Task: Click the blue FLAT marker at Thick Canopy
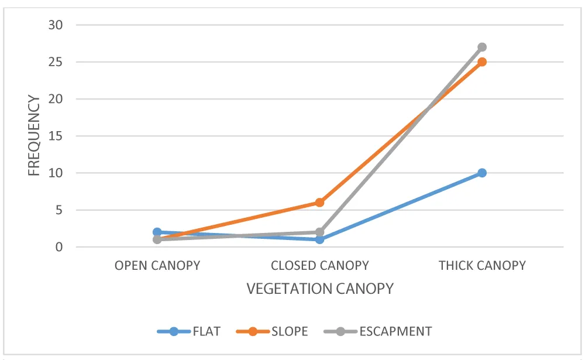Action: click(x=481, y=173)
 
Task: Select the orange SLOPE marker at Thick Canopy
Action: click(x=481, y=62)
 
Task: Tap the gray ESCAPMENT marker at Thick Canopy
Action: click(x=481, y=47)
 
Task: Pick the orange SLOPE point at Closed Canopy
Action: click(x=319, y=203)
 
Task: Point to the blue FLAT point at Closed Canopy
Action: click(x=319, y=239)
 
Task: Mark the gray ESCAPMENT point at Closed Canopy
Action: click(x=319, y=232)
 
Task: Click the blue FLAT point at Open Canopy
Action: click(x=157, y=232)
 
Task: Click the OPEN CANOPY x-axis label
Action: click(x=157, y=266)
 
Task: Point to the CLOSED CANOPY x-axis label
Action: click(x=319, y=266)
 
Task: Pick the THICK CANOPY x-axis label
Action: click(x=482, y=266)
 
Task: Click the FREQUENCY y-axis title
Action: click(x=35, y=136)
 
